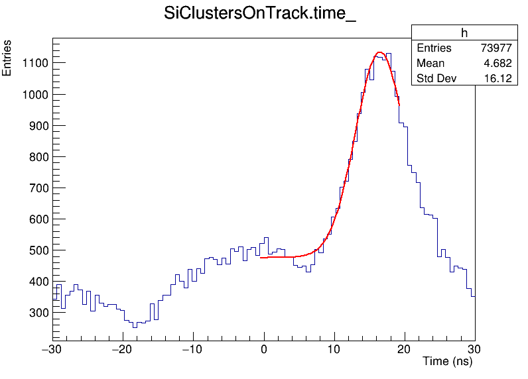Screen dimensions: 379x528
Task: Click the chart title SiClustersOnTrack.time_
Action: tap(260, 14)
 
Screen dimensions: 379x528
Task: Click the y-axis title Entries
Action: tap(7, 58)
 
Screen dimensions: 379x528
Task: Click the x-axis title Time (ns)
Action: tap(447, 362)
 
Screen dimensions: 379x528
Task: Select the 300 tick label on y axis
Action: tap(35, 313)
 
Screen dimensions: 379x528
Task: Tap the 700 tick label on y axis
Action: tap(35, 188)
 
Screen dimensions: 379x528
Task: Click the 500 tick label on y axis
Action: tap(35, 250)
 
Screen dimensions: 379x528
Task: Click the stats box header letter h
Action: tap(464, 33)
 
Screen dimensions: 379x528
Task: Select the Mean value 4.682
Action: tap(498, 64)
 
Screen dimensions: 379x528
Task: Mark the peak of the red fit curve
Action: tap(379, 52)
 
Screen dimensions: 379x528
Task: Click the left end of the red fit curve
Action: tap(261, 257)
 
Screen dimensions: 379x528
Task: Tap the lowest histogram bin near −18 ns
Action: tap(135, 325)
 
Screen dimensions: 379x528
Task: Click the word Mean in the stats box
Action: tap(430, 64)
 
